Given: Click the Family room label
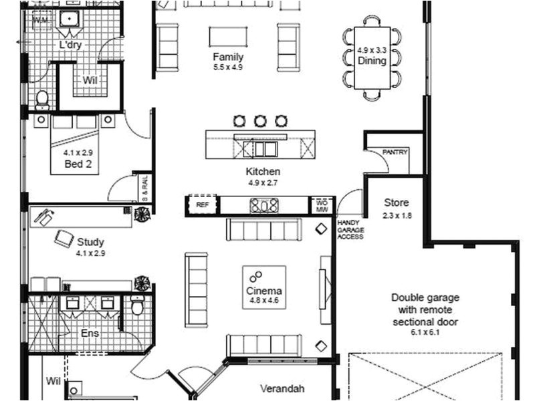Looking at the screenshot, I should pyautogui.click(x=228, y=57).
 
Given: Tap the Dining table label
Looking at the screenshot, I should pyautogui.click(x=372, y=61).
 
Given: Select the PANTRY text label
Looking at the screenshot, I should pyautogui.click(x=395, y=152).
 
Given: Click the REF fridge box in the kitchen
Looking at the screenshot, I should pyautogui.click(x=202, y=205).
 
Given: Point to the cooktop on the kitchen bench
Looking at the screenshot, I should pyautogui.click(x=264, y=205).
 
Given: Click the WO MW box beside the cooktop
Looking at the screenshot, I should pyautogui.click(x=321, y=205).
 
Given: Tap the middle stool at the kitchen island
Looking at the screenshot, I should pyautogui.click(x=260, y=121).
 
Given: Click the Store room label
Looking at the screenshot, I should pyautogui.click(x=397, y=203).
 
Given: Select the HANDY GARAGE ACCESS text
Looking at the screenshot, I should pyautogui.click(x=350, y=229).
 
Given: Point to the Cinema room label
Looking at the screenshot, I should pyautogui.click(x=264, y=291).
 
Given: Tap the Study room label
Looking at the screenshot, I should pyautogui.click(x=90, y=242).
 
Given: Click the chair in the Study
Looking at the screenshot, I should pyautogui.click(x=65, y=237).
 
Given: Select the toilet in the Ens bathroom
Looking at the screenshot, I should pyautogui.click(x=138, y=305).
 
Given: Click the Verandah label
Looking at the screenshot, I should pyautogui.click(x=282, y=388).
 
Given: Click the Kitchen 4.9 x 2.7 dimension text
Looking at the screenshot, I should pyautogui.click(x=263, y=182).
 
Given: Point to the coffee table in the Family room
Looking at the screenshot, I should pyautogui.click(x=228, y=36).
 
